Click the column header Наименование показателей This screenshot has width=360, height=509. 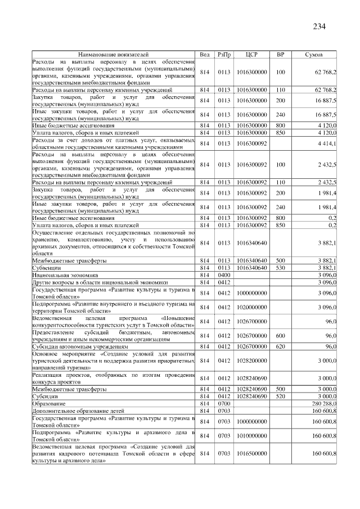[x=113, y=55]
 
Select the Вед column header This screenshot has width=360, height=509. [x=205, y=55]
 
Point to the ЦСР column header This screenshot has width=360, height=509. [x=251, y=55]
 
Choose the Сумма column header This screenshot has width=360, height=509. [x=313, y=55]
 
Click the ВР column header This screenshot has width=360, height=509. [x=281, y=55]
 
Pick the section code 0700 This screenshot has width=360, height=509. [x=224, y=404]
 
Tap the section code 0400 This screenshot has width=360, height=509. [x=224, y=276]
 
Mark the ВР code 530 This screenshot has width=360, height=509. [x=281, y=268]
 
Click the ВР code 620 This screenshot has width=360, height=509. [x=281, y=346]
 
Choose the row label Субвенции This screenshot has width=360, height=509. [x=47, y=268]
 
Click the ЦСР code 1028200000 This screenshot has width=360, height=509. [x=251, y=361]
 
